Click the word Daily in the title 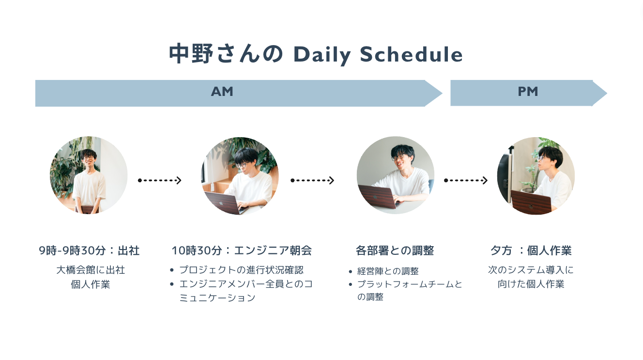322,55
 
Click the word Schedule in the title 411,54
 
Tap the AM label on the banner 222,92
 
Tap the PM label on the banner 528,92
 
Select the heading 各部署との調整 395,250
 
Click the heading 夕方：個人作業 531,250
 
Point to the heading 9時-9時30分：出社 89,250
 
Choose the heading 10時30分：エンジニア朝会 242,250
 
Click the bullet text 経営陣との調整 388,271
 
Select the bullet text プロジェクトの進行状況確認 242,270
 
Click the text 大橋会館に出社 91,270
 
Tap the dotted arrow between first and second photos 160,180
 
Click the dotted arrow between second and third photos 312,180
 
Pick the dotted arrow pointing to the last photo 466,180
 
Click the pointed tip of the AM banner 443,94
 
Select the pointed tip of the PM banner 607,93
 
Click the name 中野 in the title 191,54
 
